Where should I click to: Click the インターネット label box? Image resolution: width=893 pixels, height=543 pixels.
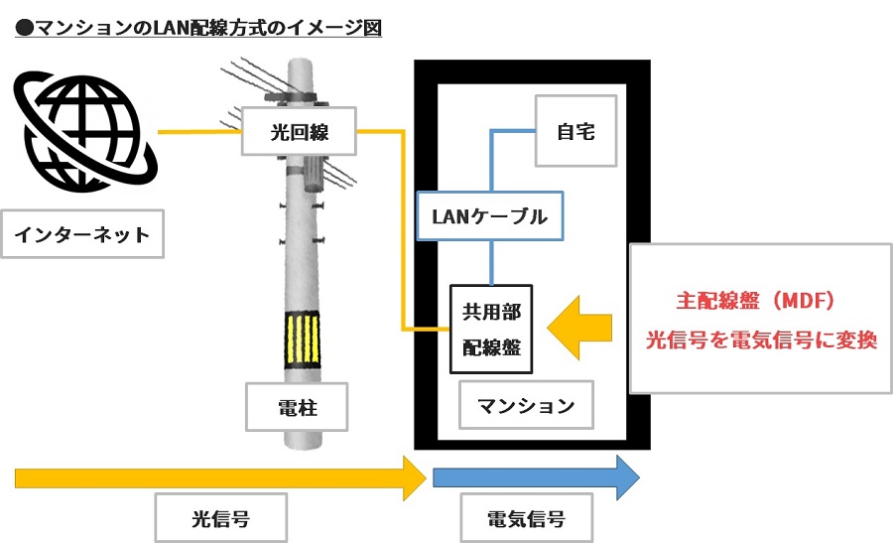coord(82,235)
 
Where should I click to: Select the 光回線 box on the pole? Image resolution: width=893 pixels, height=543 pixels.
coord(299,130)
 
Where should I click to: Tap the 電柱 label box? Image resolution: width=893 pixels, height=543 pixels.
coord(298,405)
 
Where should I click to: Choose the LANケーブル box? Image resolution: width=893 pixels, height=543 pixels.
coord(489,216)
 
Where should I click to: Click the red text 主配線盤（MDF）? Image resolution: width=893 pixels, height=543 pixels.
coord(758,298)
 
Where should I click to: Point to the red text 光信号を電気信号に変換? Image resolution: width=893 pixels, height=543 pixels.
coord(761,339)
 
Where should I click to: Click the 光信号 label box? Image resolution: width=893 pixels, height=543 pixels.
coord(220,518)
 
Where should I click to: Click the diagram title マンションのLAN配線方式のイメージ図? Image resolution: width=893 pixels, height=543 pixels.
coord(198,27)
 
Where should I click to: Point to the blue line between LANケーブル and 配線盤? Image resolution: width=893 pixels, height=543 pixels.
coord(491,263)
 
